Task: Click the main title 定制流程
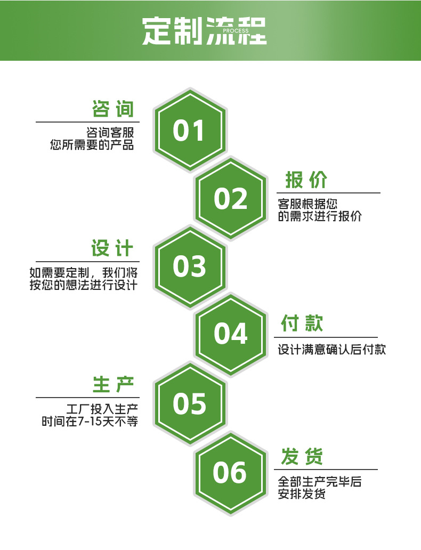pyautogui.click(x=204, y=31)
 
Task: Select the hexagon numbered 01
pyautogui.click(x=189, y=131)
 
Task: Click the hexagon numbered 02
pyautogui.click(x=231, y=199)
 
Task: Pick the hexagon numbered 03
pyautogui.click(x=189, y=266)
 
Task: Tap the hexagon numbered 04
pyautogui.click(x=231, y=334)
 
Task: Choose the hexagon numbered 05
pyautogui.click(x=189, y=403)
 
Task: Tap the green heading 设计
pyautogui.click(x=112, y=248)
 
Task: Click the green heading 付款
pyautogui.click(x=302, y=323)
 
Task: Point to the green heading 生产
pyautogui.click(x=114, y=384)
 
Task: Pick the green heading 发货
pyautogui.click(x=302, y=457)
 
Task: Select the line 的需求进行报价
pyautogui.click(x=320, y=216)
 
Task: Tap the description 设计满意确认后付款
pyautogui.click(x=331, y=350)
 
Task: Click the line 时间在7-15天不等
pyautogui.click(x=90, y=422)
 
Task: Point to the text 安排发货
pyautogui.click(x=302, y=494)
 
